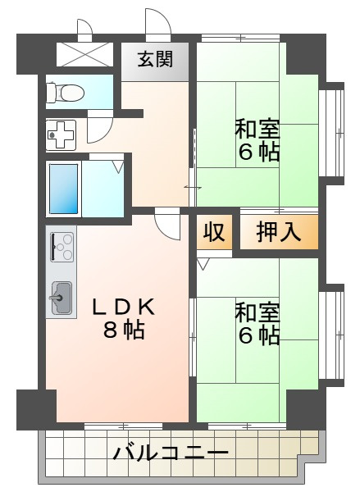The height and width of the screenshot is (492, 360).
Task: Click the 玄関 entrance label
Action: click(155, 59)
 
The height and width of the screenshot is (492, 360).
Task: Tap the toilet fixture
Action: click(66, 92)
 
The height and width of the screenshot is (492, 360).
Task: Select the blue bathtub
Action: click(64, 189)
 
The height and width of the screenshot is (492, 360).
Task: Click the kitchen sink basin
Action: click(62, 298)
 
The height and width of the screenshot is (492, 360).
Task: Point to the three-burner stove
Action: click(62, 247)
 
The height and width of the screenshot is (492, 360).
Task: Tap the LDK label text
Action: click(123, 307)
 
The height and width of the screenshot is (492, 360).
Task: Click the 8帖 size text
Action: click(124, 329)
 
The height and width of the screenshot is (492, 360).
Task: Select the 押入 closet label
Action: click(279, 233)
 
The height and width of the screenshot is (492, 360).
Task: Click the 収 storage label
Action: click(214, 232)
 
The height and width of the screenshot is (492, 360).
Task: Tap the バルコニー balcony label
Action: click(171, 453)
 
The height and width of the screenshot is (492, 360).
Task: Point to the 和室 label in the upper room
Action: click(257, 129)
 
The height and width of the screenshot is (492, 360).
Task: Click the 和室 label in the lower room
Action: click(257, 312)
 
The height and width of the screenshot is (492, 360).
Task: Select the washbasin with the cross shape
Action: click(61, 135)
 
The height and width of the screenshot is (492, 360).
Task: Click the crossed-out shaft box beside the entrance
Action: click(84, 54)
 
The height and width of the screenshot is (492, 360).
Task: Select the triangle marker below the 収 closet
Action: click(202, 264)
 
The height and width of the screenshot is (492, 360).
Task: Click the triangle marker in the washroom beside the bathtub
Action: click(118, 166)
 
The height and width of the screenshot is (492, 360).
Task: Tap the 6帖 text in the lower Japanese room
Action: click(258, 335)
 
